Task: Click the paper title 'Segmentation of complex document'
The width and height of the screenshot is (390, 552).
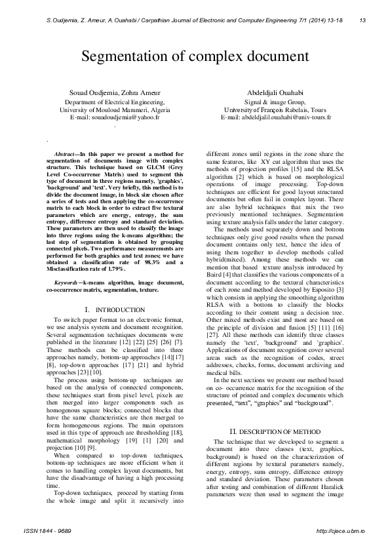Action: tap(195, 56)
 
